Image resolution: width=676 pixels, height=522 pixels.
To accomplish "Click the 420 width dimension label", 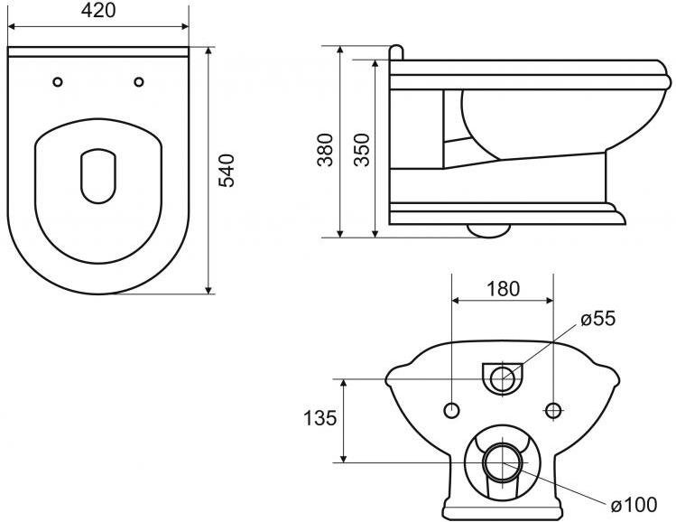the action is click(98, 11).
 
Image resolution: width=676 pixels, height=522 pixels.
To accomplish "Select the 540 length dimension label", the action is click(227, 170).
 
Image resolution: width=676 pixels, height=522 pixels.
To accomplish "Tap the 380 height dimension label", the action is click(326, 150).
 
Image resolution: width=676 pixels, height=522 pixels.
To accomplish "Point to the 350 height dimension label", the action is click(362, 150).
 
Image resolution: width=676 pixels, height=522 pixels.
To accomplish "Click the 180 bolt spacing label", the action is click(503, 288).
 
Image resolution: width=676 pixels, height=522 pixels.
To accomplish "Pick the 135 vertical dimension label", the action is click(319, 417).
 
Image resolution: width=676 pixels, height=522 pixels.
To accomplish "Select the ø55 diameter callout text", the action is click(598, 319).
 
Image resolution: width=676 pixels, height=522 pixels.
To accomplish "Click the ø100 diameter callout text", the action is click(634, 504).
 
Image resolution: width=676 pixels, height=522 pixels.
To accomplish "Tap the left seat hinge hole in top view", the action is click(58, 81).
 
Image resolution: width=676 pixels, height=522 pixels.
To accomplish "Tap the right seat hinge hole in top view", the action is click(139, 81).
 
